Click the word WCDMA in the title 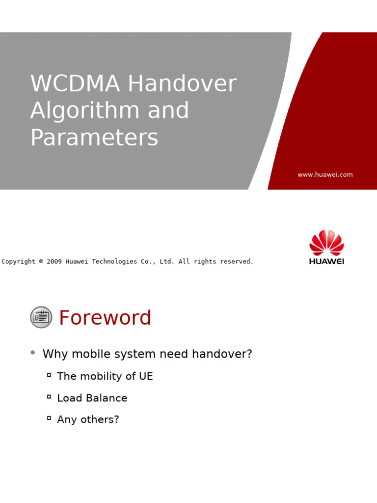[x=75, y=84]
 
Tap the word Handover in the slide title [x=183, y=83]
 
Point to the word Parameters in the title [x=94, y=138]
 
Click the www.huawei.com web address [x=325, y=174]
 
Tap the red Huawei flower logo [x=326, y=243]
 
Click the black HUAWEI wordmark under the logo [x=326, y=261]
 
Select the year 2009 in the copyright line [x=54, y=261]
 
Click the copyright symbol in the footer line [x=41, y=261]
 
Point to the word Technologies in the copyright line [x=114, y=261]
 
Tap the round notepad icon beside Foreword [x=41, y=317]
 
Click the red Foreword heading [x=105, y=318]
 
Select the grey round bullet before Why [x=33, y=353]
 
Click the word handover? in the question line [x=222, y=354]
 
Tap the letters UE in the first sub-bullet [x=146, y=376]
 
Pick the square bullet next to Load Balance [x=49, y=396]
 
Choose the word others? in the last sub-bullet [x=100, y=419]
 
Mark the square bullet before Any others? [x=49, y=418]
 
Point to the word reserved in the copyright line [x=237, y=261]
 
